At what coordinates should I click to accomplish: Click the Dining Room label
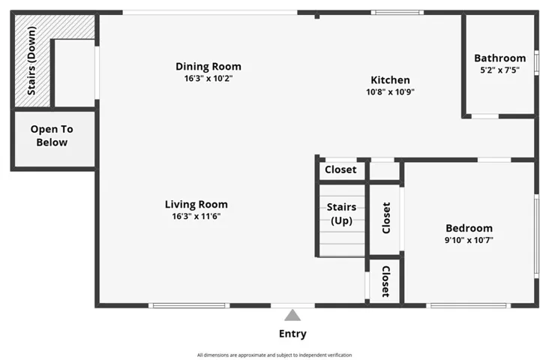pyautogui.click(x=208, y=67)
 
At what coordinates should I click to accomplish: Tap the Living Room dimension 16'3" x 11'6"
pyautogui.click(x=196, y=216)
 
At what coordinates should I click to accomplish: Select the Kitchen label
pyautogui.click(x=390, y=80)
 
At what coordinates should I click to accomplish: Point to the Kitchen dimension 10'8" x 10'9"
pyautogui.click(x=390, y=92)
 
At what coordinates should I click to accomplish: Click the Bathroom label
pyautogui.click(x=499, y=58)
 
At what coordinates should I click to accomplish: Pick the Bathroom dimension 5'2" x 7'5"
pyautogui.click(x=499, y=70)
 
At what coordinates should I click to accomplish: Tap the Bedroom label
pyautogui.click(x=469, y=229)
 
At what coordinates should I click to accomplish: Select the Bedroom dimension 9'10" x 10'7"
pyautogui.click(x=469, y=241)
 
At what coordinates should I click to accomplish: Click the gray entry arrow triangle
pyautogui.click(x=292, y=315)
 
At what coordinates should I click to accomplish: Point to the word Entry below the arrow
pyautogui.click(x=292, y=334)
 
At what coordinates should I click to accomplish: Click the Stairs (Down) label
pyautogui.click(x=32, y=61)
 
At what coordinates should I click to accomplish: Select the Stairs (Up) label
pyautogui.click(x=341, y=214)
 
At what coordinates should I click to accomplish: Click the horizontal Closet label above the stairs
pyautogui.click(x=340, y=170)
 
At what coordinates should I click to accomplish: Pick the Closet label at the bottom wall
pyautogui.click(x=385, y=281)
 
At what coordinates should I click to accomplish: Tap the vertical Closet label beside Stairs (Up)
pyautogui.click(x=386, y=218)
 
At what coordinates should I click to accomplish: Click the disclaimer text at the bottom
pyautogui.click(x=274, y=355)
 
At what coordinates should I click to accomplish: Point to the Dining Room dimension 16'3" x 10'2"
pyautogui.click(x=208, y=78)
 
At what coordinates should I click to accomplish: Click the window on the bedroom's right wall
pyautogui.click(x=536, y=235)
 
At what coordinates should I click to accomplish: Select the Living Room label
pyautogui.click(x=196, y=204)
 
